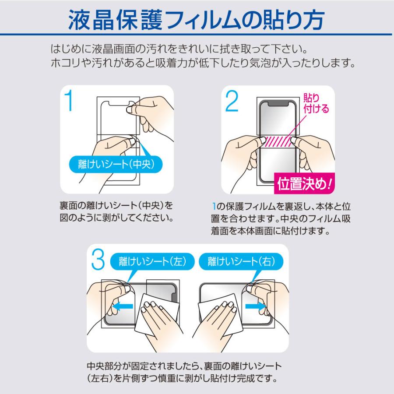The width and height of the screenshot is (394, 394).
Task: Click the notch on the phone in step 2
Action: tap(278, 103)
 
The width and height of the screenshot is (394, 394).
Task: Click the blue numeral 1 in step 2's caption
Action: tap(213, 206)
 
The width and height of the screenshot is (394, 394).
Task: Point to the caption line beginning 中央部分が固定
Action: tap(184, 366)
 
